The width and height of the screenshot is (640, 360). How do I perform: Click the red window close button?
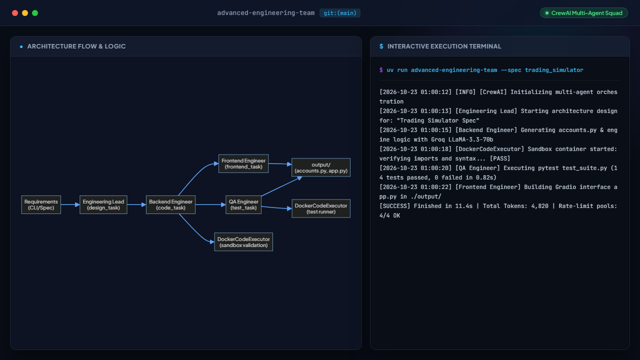click(15, 13)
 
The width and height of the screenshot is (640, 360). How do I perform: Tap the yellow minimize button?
click(25, 13)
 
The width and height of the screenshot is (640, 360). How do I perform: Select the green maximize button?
click(35, 13)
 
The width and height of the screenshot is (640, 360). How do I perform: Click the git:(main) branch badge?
click(339, 13)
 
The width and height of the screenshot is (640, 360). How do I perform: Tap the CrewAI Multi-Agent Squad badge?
click(583, 13)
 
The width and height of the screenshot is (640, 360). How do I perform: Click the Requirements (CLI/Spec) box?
click(41, 204)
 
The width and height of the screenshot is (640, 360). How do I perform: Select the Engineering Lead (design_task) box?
click(103, 204)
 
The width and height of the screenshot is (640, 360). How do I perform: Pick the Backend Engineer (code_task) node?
click(170, 204)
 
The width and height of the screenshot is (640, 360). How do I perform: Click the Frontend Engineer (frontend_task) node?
click(243, 163)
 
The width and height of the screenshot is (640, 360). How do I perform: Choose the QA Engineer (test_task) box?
click(243, 204)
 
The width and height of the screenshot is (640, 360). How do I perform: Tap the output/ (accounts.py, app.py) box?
click(321, 167)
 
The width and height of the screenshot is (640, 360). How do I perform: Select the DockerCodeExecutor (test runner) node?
click(321, 208)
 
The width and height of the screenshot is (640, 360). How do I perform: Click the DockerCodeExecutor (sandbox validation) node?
click(243, 242)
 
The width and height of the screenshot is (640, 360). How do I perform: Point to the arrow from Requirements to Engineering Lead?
click(70, 204)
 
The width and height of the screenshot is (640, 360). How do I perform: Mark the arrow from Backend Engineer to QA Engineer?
click(210, 204)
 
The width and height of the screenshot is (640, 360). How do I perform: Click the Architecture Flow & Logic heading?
click(76, 46)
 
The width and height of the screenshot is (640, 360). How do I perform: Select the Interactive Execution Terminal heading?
click(444, 46)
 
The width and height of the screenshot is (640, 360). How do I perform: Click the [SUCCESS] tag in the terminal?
click(394, 206)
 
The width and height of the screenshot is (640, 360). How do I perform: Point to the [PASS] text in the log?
click(500, 158)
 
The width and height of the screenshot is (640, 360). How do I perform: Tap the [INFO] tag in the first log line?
click(465, 92)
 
